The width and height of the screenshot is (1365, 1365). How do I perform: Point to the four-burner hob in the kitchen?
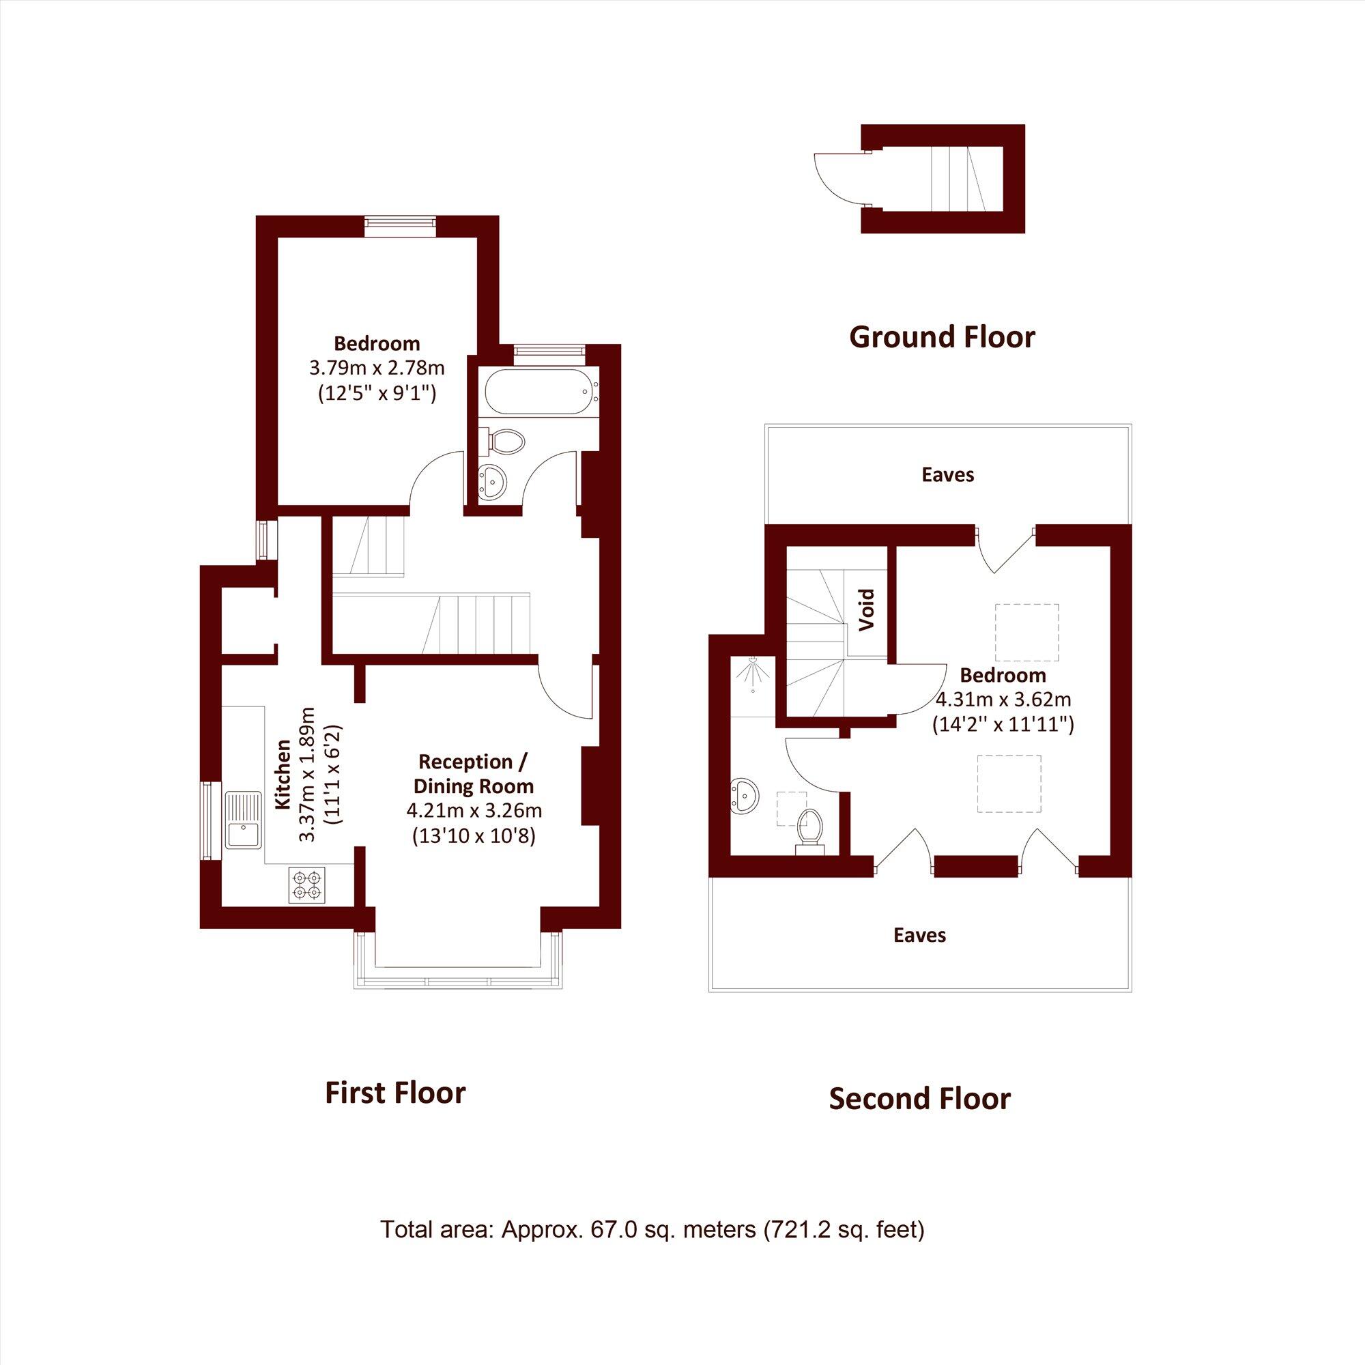(306, 885)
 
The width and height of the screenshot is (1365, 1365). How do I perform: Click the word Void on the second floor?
(866, 609)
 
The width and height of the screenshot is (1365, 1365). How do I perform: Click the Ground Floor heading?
(942, 337)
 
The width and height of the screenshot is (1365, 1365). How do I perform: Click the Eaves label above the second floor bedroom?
(947, 475)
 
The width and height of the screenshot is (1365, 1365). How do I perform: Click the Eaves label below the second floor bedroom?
(919, 936)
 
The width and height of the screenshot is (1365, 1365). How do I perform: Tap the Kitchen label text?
(283, 774)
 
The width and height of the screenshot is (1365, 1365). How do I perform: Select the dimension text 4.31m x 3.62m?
(1003, 700)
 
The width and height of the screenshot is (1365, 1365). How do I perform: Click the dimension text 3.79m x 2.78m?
(377, 368)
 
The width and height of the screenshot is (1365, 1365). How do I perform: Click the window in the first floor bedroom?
(400, 222)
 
